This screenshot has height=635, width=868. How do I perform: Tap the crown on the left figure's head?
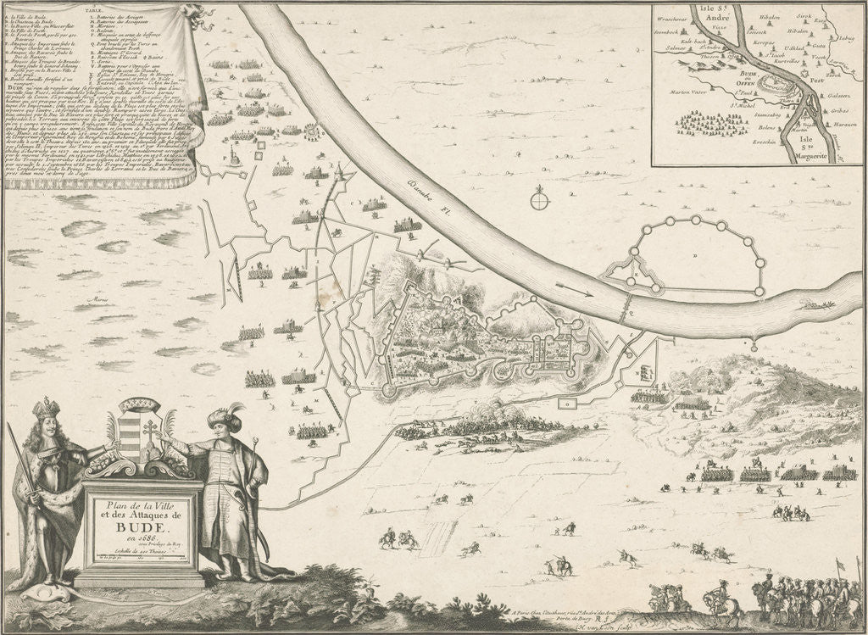pyautogui.click(x=45, y=410)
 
